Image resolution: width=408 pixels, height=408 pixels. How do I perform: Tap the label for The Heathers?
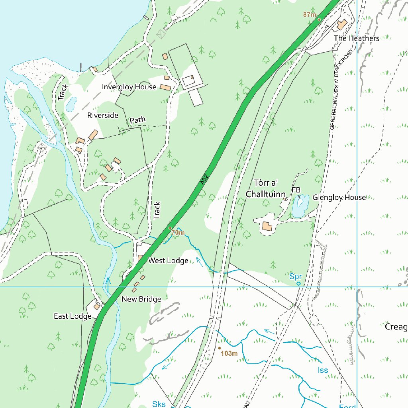[357, 38]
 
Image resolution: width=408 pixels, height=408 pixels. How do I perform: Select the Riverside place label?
[103, 116]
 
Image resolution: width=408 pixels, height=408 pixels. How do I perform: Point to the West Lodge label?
[168, 261]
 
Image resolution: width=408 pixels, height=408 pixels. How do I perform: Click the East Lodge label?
[73, 316]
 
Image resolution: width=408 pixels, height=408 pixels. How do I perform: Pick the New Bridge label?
[141, 299]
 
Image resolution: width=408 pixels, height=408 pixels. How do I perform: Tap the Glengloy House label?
[339, 198]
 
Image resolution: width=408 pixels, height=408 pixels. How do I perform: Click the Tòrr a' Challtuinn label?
[266, 189]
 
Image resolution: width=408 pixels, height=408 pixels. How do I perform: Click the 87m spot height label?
[309, 14]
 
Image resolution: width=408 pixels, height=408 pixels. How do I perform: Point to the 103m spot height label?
[229, 353]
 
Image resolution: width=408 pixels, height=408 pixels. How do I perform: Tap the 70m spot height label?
[178, 232]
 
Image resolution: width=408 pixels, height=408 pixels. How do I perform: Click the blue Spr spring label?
[295, 276]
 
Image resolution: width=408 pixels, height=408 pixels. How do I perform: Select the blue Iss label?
[323, 370]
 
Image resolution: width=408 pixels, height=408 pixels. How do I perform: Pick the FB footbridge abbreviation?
[296, 190]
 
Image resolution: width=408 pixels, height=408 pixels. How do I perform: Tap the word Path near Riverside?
[137, 120]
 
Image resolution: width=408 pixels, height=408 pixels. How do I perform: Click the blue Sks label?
[159, 404]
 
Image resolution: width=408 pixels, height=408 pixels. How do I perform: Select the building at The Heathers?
[341, 25]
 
